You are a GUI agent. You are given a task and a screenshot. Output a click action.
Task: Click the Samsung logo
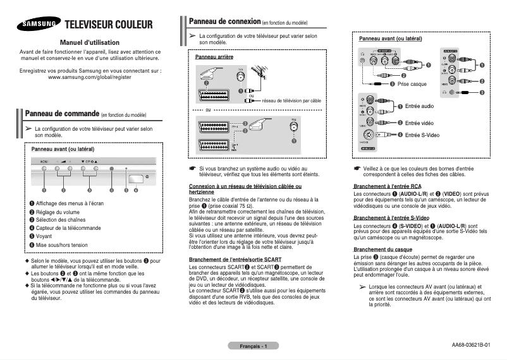tap(39, 25)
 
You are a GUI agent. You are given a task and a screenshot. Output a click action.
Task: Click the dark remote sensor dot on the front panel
tap(111, 169)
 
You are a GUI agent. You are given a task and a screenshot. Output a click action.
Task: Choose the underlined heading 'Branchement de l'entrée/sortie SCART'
tap(231, 260)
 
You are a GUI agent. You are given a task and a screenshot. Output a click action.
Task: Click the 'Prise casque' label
tap(412, 84)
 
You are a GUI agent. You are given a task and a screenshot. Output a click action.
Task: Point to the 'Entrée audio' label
tap(419, 105)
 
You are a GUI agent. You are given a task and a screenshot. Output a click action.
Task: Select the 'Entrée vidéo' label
tap(419, 123)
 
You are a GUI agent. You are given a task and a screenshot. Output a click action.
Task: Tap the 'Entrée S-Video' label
tap(422, 135)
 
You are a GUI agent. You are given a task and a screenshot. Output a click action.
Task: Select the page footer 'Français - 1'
tap(253, 346)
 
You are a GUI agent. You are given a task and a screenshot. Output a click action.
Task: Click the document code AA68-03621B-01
tap(470, 345)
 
